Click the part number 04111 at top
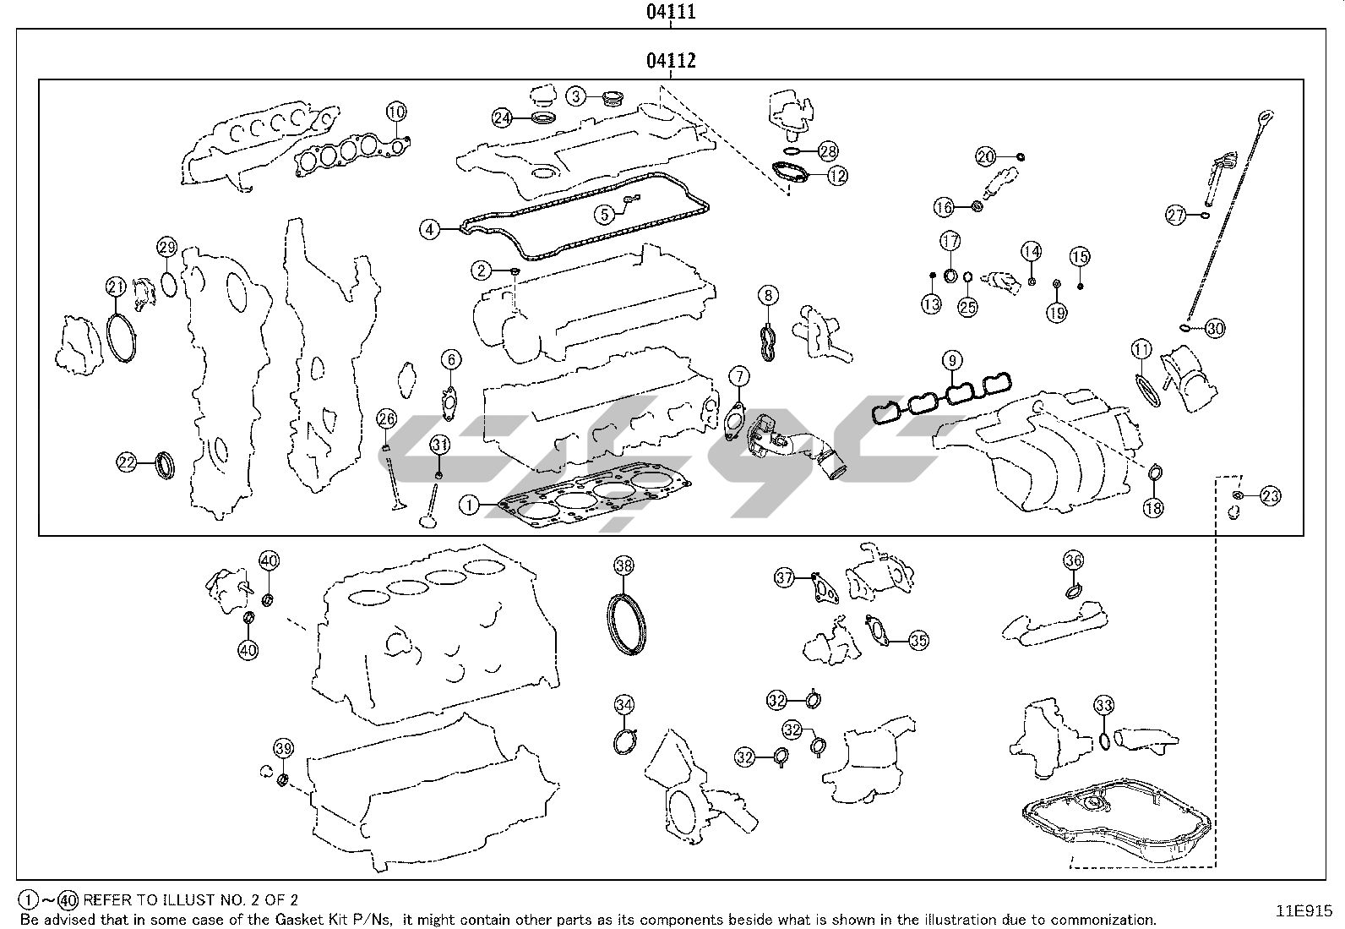(x=671, y=12)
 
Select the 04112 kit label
(x=671, y=60)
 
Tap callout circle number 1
(x=470, y=505)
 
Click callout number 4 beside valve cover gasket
(x=430, y=229)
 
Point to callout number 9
(x=951, y=362)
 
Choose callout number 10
(x=397, y=111)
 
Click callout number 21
(x=116, y=287)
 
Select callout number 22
(x=127, y=462)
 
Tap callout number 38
(x=623, y=566)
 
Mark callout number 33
(x=1103, y=705)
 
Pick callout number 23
(x=1271, y=496)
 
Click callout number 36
(x=1073, y=560)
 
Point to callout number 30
(x=1214, y=329)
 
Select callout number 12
(x=837, y=176)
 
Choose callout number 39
(x=284, y=748)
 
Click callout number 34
(x=623, y=705)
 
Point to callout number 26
(x=386, y=418)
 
